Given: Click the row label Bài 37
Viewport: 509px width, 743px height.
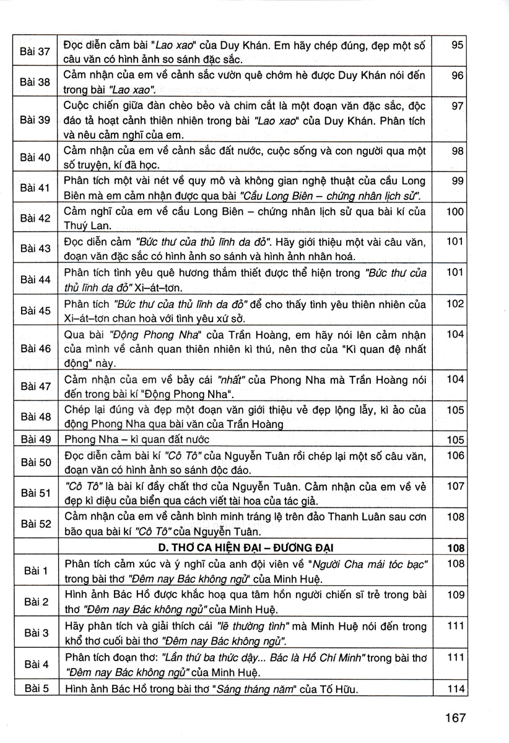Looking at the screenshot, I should click(x=35, y=51).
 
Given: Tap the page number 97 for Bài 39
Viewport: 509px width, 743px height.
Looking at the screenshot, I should click(x=458, y=106).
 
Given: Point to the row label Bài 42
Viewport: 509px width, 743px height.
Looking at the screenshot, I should click(x=35, y=218).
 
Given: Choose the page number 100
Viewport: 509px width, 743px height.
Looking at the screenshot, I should click(x=455, y=212).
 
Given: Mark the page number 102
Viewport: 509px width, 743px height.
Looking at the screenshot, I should click(x=455, y=303).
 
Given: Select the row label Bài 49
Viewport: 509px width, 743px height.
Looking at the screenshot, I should click(x=35, y=439).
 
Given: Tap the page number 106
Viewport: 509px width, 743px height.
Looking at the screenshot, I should click(x=455, y=455).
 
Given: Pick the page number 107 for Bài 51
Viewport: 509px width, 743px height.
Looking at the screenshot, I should click(x=455, y=486).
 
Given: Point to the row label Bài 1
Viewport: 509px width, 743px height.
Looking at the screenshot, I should click(x=35, y=570).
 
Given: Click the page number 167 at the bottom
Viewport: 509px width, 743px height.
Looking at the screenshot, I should click(x=455, y=719).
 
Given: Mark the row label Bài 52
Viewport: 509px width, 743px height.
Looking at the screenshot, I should click(x=35, y=523).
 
